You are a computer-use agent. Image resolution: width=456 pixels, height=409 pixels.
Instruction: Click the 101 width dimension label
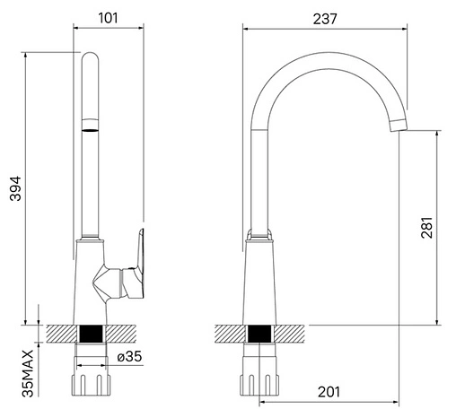click(108, 18)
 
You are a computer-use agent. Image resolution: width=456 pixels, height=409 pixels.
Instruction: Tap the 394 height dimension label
click(15, 188)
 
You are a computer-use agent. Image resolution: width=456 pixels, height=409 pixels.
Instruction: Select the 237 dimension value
click(325, 19)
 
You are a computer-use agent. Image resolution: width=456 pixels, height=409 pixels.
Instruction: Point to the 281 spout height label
click(427, 227)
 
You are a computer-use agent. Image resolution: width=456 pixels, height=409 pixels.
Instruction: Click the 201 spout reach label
click(329, 392)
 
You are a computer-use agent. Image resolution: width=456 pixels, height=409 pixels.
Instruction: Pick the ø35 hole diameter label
click(129, 356)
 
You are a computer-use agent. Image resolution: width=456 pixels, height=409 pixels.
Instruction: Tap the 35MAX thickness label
click(28, 373)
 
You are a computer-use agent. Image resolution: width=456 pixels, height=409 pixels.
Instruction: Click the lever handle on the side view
click(136, 266)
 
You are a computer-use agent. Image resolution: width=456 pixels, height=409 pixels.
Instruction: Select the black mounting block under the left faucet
click(92, 334)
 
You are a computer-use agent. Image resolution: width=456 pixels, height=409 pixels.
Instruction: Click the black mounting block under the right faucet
click(259, 334)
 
